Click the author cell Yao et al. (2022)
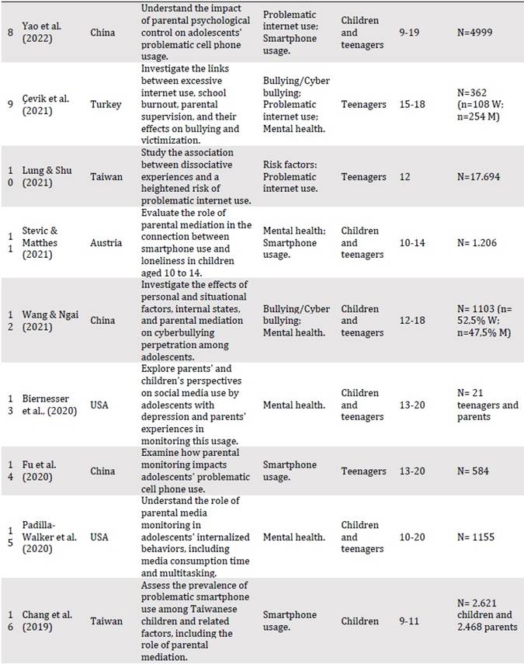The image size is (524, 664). click(46, 33)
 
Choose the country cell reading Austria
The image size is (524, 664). click(106, 243)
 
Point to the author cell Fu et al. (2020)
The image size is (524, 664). click(46, 471)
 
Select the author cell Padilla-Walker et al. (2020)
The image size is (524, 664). click(53, 537)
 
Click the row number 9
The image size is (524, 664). click(11, 105)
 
